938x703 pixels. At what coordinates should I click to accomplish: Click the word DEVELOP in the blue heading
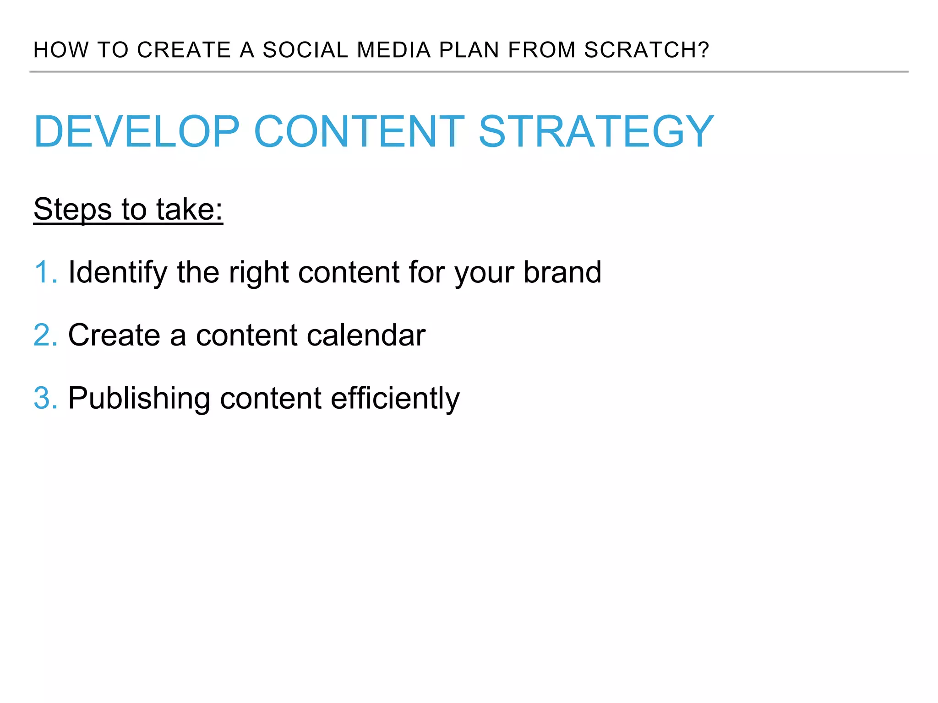[136, 132]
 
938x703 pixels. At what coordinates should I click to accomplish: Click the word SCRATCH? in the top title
[646, 50]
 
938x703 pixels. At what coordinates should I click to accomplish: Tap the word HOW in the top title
[61, 50]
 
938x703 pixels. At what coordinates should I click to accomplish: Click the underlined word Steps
[73, 210]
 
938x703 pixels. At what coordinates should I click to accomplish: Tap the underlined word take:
[189, 210]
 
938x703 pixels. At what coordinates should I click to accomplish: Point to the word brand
[562, 272]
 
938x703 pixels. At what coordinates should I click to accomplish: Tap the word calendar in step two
[366, 335]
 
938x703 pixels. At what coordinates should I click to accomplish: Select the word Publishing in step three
[139, 399]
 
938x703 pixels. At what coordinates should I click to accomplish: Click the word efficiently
[395, 399]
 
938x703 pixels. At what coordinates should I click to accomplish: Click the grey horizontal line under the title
[469, 72]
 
